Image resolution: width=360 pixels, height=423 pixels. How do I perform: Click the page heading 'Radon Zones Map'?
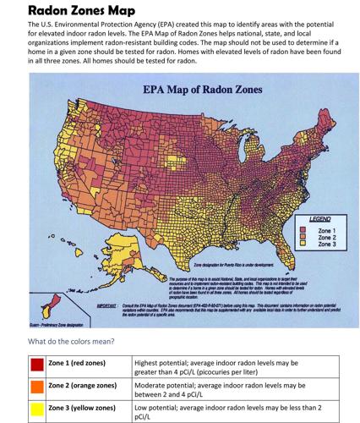pos(70,10)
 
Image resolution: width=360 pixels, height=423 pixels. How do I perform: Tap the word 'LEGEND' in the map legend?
pos(315,219)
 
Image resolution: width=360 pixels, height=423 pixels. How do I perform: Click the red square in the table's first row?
pos(37,365)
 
